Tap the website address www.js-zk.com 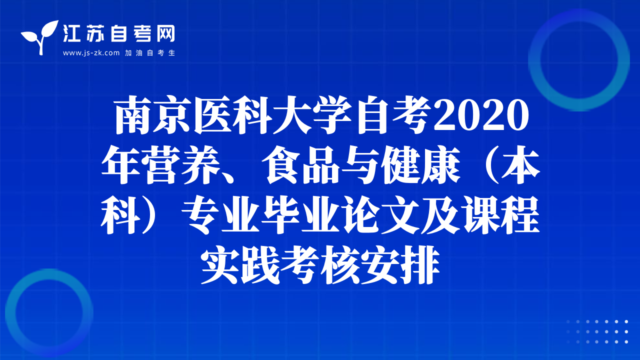point(91,53)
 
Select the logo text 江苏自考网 point(118,33)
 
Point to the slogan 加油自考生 point(150,53)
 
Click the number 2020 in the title point(481,115)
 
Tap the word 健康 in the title point(421,165)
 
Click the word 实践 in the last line point(240,265)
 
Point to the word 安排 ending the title point(400,265)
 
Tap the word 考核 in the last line point(320,265)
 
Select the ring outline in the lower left point(10,313)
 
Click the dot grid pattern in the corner point(597,331)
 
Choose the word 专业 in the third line point(221,215)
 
